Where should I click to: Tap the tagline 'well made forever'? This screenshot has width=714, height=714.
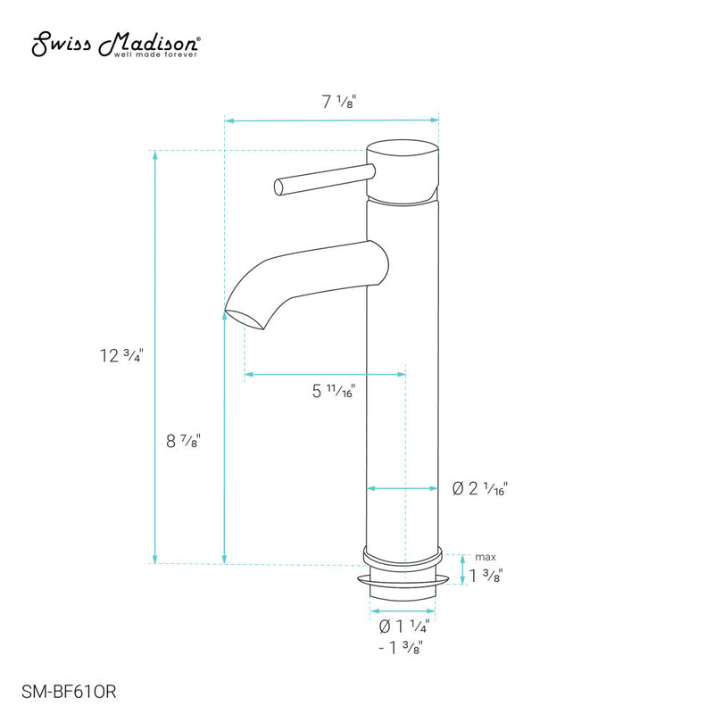pyautogui.click(x=155, y=54)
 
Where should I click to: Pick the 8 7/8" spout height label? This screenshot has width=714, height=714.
pyautogui.click(x=182, y=439)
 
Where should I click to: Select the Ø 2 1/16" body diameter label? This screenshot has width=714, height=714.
pyautogui.click(x=480, y=488)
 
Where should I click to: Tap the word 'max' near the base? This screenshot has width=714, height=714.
pyautogui.click(x=485, y=557)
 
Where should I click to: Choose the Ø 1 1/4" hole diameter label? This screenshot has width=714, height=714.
pyautogui.click(x=404, y=626)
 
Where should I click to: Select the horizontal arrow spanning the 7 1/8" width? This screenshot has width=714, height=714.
pyautogui.click(x=332, y=119)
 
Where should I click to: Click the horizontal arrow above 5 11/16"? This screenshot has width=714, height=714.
pyautogui.click(x=325, y=375)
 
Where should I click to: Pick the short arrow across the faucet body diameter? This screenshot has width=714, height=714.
pyautogui.click(x=404, y=488)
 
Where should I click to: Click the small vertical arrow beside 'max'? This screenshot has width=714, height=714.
pyautogui.click(x=461, y=569)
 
